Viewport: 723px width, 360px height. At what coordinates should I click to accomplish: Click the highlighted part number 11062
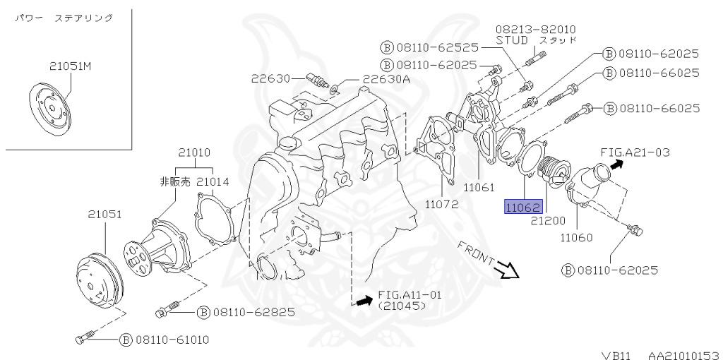pyautogui.click(x=522, y=208)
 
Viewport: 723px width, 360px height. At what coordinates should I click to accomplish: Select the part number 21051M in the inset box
pyautogui.click(x=71, y=66)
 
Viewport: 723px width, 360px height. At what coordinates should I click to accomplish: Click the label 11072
pyautogui.click(x=442, y=205)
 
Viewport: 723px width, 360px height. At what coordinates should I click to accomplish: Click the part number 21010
pyautogui.click(x=194, y=152)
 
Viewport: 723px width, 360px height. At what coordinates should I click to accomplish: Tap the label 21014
pyautogui.click(x=213, y=181)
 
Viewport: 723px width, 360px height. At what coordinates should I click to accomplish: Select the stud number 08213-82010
pyautogui.click(x=534, y=29)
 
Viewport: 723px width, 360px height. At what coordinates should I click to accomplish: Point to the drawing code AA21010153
pyautogui.click(x=683, y=354)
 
